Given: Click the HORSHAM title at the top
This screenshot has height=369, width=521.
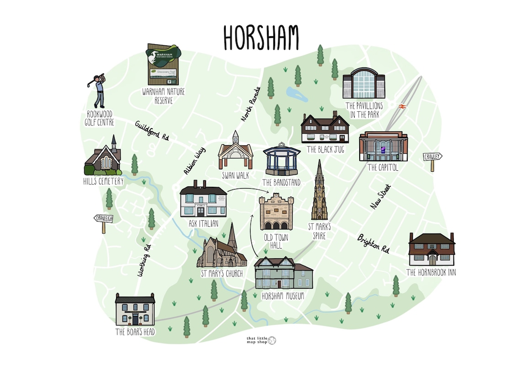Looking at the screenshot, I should pos(261,37).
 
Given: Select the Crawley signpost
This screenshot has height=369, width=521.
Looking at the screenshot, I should pos(432,157).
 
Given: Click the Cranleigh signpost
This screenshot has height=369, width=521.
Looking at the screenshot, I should pos(104,219).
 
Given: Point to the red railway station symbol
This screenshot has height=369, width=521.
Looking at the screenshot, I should pos(402,106).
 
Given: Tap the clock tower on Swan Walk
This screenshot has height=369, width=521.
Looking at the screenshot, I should pos(235,137).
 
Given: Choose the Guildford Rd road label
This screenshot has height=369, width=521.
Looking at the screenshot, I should pos(152,130).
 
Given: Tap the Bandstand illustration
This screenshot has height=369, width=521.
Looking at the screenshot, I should pos(282,160).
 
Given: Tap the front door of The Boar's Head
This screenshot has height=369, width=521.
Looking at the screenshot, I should pos(135,319).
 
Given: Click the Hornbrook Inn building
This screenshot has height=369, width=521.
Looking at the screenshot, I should pos(432,250).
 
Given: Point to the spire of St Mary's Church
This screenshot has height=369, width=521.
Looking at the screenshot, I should pos(232,236).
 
